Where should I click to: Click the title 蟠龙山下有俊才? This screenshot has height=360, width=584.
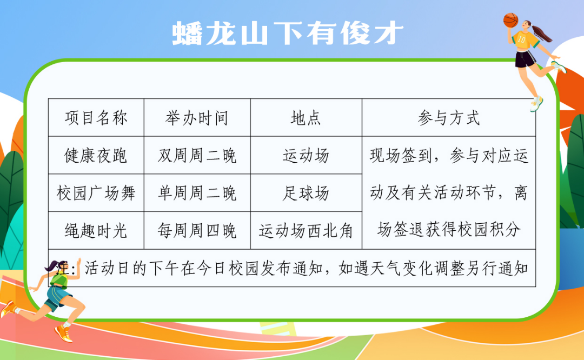(288, 34)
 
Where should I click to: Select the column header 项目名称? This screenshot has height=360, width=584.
(96, 118)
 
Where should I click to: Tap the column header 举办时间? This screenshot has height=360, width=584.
(197, 118)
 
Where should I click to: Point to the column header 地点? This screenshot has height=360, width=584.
(306, 118)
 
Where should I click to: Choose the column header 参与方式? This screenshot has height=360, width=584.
(449, 118)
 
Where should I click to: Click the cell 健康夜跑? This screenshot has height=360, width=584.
(96, 155)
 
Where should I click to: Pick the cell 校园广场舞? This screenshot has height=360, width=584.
(96, 193)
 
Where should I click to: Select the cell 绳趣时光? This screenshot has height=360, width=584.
(96, 231)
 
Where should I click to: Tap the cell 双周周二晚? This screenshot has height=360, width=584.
(197, 155)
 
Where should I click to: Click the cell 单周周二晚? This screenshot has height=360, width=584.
(197, 193)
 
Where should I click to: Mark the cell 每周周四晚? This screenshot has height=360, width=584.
(197, 231)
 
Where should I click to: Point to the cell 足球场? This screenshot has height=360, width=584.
(306, 193)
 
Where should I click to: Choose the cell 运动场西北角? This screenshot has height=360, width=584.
(306, 231)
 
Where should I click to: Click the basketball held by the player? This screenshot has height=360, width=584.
(510, 20)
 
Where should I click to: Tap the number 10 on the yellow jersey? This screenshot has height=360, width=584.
(521, 39)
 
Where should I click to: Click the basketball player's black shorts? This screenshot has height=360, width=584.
(525, 59)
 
